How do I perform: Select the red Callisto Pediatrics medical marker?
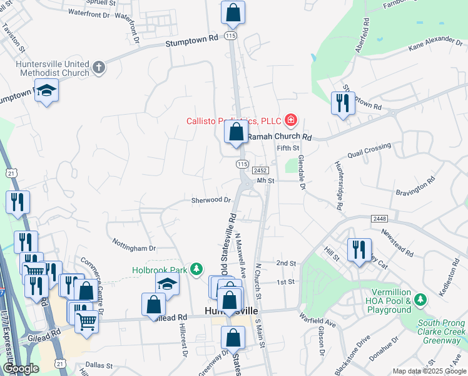click(x=290, y=120)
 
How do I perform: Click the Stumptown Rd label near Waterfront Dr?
click(x=191, y=39)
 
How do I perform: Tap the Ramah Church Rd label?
click(x=279, y=136)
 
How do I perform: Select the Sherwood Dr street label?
click(x=211, y=201)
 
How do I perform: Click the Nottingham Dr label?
click(x=134, y=243)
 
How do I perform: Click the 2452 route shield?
click(x=261, y=170)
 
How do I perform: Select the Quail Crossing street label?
click(x=369, y=151)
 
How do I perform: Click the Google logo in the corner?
click(x=21, y=368)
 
